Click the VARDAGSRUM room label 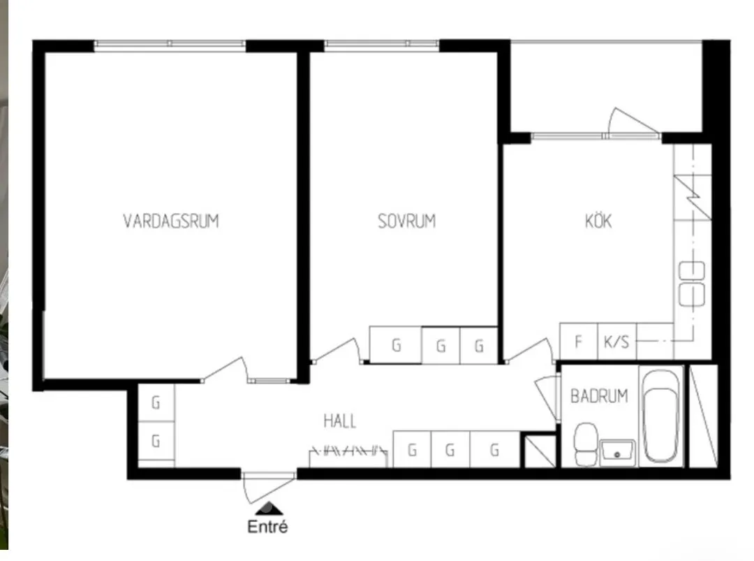click(x=171, y=221)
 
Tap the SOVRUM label click(x=407, y=221)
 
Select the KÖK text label click(x=598, y=220)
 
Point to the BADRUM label click(x=599, y=396)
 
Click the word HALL click(x=339, y=421)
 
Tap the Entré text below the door click(x=267, y=526)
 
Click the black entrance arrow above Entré click(x=269, y=509)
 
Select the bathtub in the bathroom click(x=661, y=416)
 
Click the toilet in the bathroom click(x=586, y=444)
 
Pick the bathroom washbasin click(x=617, y=452)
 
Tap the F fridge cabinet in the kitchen click(x=579, y=341)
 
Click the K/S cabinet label click(x=616, y=342)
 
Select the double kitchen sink click(x=691, y=284)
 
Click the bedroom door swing click(x=337, y=350)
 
